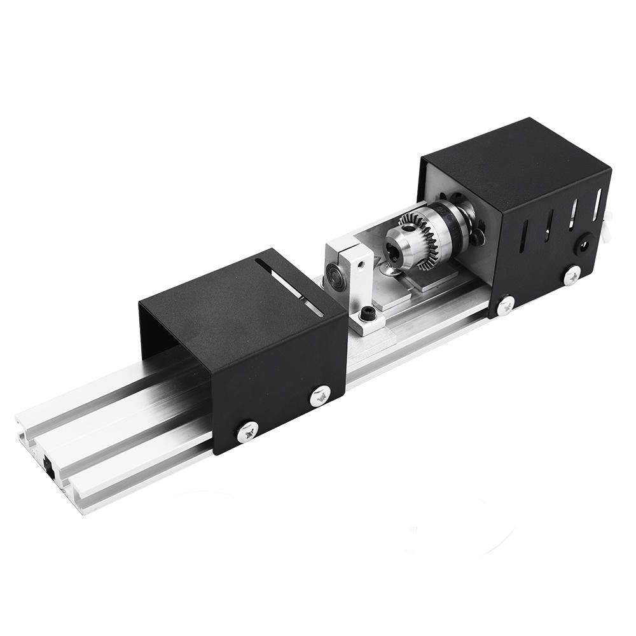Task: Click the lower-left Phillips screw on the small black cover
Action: pos(247,432)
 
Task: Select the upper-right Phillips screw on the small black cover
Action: pos(320,396)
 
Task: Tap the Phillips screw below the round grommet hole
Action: pos(572,274)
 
